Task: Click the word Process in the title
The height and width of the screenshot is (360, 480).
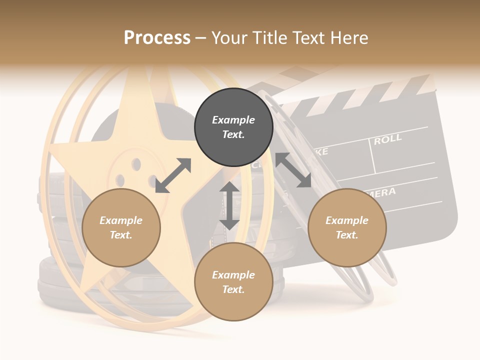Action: [x=157, y=38]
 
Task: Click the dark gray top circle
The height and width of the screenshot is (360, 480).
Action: [x=233, y=127]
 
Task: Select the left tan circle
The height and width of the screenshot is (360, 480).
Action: [x=121, y=227]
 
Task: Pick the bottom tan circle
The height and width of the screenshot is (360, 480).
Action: [x=233, y=282]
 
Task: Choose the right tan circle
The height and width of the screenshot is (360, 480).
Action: [x=347, y=227]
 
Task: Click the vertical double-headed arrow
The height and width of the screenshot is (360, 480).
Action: [x=229, y=205]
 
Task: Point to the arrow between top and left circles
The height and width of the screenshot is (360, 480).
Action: [x=173, y=175]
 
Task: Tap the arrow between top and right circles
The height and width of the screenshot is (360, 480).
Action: [x=293, y=170]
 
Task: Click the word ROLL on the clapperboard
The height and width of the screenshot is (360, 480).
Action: [x=387, y=139]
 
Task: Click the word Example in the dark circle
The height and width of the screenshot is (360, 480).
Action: [x=233, y=120]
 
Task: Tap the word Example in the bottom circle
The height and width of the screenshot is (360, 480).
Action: [x=233, y=275]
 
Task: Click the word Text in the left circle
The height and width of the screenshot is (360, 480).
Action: [x=121, y=235]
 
